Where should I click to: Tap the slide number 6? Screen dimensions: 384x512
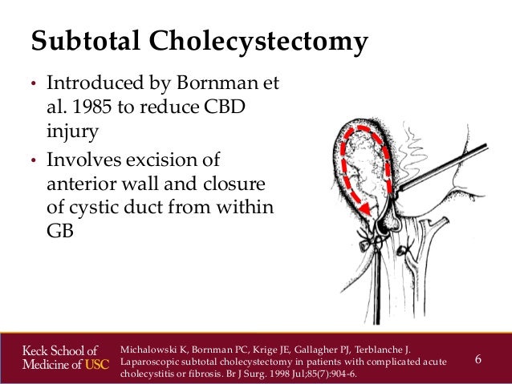[478, 358]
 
